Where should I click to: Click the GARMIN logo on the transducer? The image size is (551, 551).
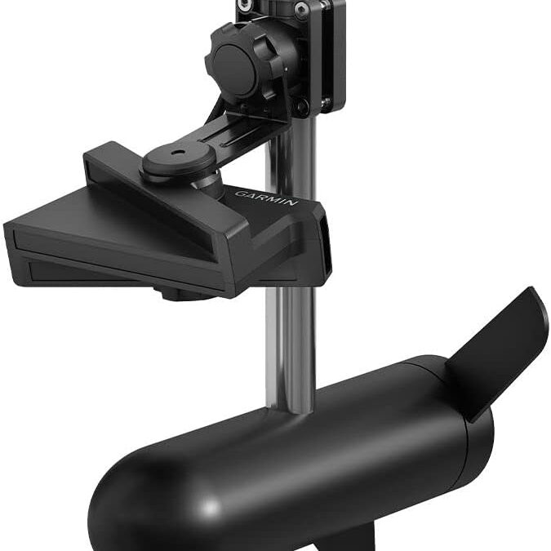point(266,198)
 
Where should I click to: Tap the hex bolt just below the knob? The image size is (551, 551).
point(301,104)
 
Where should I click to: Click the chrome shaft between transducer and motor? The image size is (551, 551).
point(290,343)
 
